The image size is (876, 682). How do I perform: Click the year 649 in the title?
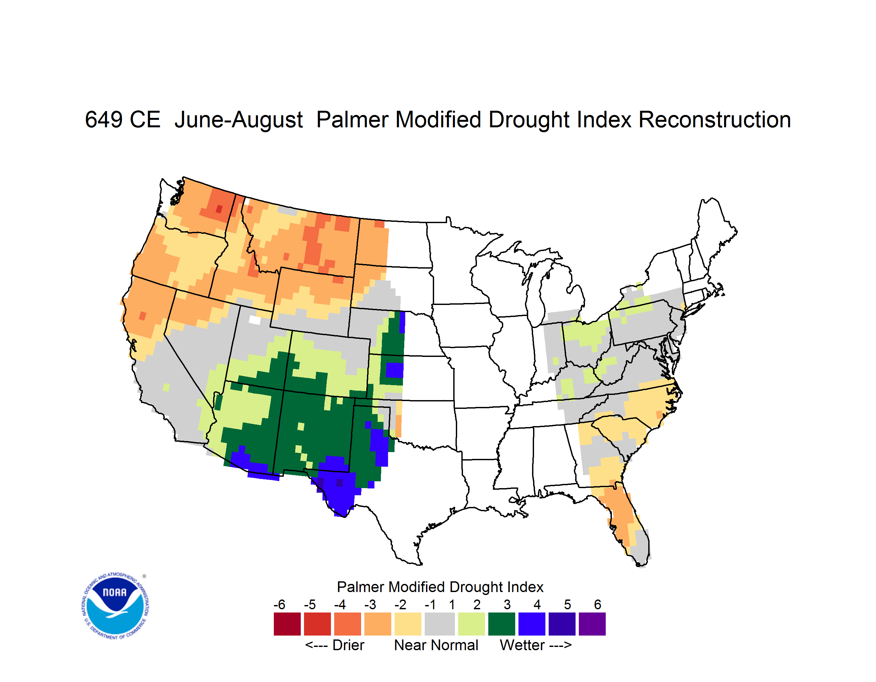coord(103,120)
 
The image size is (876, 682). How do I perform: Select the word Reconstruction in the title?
coord(714,120)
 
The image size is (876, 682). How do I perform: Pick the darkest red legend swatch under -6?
coord(287,624)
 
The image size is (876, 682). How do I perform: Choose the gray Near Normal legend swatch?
coord(440,624)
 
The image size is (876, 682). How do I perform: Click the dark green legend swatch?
coord(501,624)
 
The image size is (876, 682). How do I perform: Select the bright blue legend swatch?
coord(532,624)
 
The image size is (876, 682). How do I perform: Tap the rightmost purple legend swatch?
coord(592,624)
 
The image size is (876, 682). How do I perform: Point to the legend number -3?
coord(370,604)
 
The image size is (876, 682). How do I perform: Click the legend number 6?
coord(598,604)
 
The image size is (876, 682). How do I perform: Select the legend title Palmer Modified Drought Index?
coord(440,587)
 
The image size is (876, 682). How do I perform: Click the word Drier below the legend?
coord(348,645)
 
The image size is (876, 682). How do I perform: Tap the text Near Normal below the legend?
coord(436,645)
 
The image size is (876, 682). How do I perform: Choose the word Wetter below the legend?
coord(522,645)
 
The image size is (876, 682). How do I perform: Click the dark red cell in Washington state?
coord(219,209)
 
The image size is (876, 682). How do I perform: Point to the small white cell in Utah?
coord(255,320)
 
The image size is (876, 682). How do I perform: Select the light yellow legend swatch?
coord(408,624)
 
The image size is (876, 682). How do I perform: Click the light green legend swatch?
coord(471,624)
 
